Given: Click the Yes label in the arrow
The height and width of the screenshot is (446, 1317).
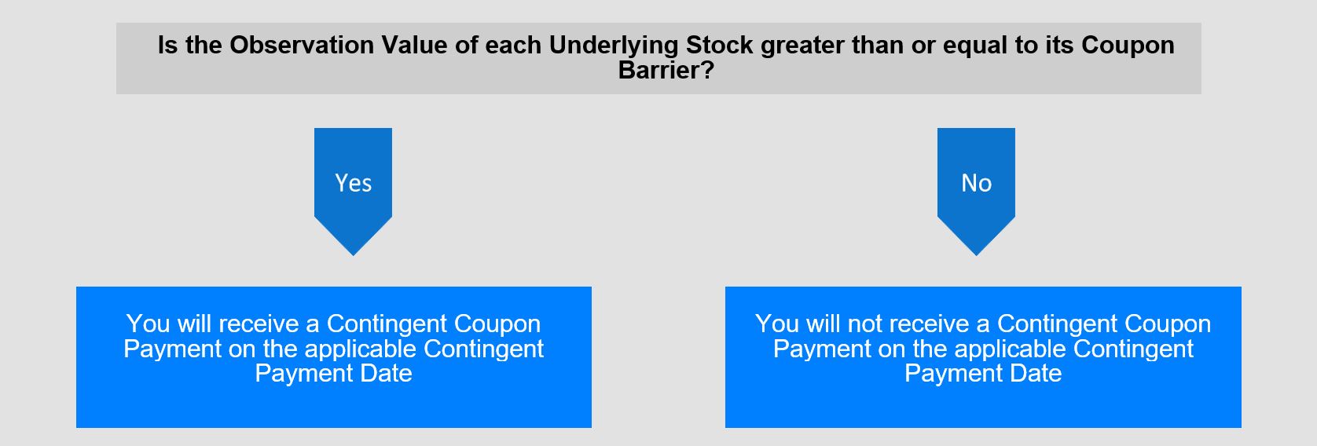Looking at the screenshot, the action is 354,183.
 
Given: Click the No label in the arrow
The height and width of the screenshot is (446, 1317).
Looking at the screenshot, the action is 977,183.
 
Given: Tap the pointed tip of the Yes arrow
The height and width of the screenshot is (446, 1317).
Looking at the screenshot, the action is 354,255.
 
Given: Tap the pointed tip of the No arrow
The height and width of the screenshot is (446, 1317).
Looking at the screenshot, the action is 977,255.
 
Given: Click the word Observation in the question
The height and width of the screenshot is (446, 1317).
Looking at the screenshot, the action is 302,46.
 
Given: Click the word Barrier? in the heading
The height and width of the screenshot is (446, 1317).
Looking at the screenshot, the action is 666,71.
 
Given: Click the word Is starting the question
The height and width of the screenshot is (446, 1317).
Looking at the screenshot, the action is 167,46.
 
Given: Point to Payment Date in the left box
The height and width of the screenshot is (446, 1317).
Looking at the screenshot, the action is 333,374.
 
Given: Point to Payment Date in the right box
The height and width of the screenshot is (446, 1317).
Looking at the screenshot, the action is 983,374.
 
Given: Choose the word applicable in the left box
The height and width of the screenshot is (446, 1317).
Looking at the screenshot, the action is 360,349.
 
